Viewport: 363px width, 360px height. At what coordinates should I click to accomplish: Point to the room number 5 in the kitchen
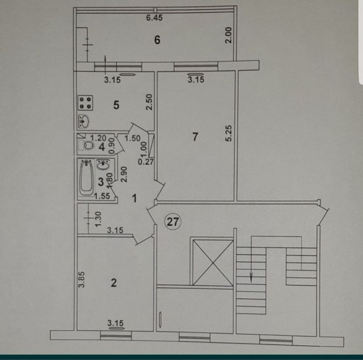click(116, 105)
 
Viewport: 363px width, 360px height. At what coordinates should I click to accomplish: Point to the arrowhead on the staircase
click(251, 278)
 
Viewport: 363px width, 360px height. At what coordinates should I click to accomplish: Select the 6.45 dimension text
click(154, 18)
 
